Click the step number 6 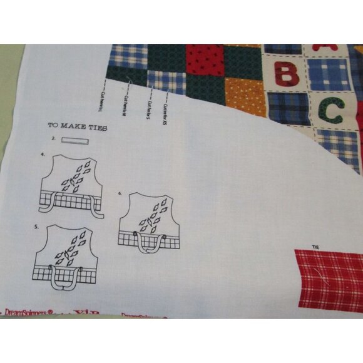click(120, 193)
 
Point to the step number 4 click(43, 153)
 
